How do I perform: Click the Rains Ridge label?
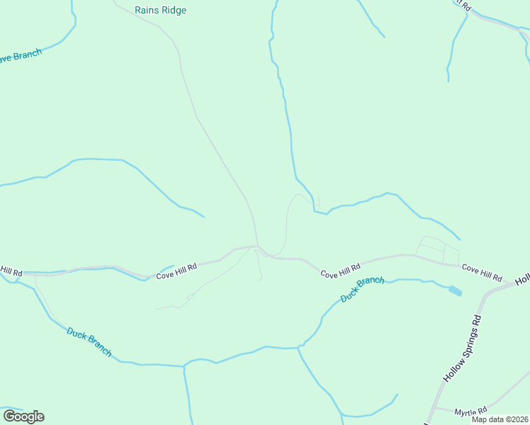(160, 11)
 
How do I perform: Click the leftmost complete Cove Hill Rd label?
(176, 270)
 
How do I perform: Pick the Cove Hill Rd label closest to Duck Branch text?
(340, 270)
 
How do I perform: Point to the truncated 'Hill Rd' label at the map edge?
(11, 271)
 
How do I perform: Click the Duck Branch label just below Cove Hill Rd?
(362, 290)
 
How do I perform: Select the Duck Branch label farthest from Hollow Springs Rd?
(89, 341)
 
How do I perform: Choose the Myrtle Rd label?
(471, 411)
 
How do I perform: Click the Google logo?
(23, 416)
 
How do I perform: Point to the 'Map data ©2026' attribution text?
(500, 419)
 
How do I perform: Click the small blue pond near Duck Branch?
(455, 290)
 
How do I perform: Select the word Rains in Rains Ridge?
(146, 11)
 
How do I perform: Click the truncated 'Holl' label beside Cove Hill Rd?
(523, 280)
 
